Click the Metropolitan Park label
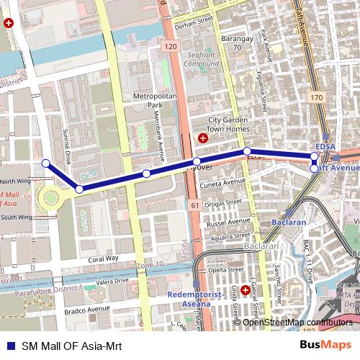[149, 100]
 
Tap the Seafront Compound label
[201, 58]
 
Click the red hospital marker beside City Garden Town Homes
[203, 137]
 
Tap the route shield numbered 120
[170, 47]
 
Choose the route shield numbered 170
[316, 96]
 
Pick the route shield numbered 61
[195, 206]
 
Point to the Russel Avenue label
[228, 222]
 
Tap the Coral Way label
[103, 258]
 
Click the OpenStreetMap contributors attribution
[297, 322]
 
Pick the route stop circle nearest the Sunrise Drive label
[45, 163]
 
